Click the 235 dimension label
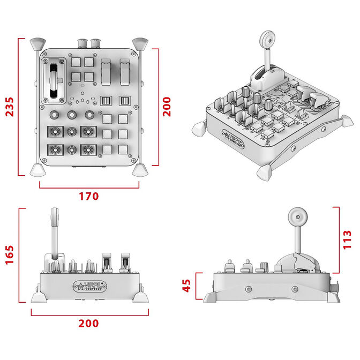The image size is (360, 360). [x=8, y=108]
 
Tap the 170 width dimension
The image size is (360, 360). [x=88, y=196]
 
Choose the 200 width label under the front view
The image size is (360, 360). [x=88, y=323]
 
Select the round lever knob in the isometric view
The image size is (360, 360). [x=267, y=38]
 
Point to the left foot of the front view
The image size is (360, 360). [x=38, y=296]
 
